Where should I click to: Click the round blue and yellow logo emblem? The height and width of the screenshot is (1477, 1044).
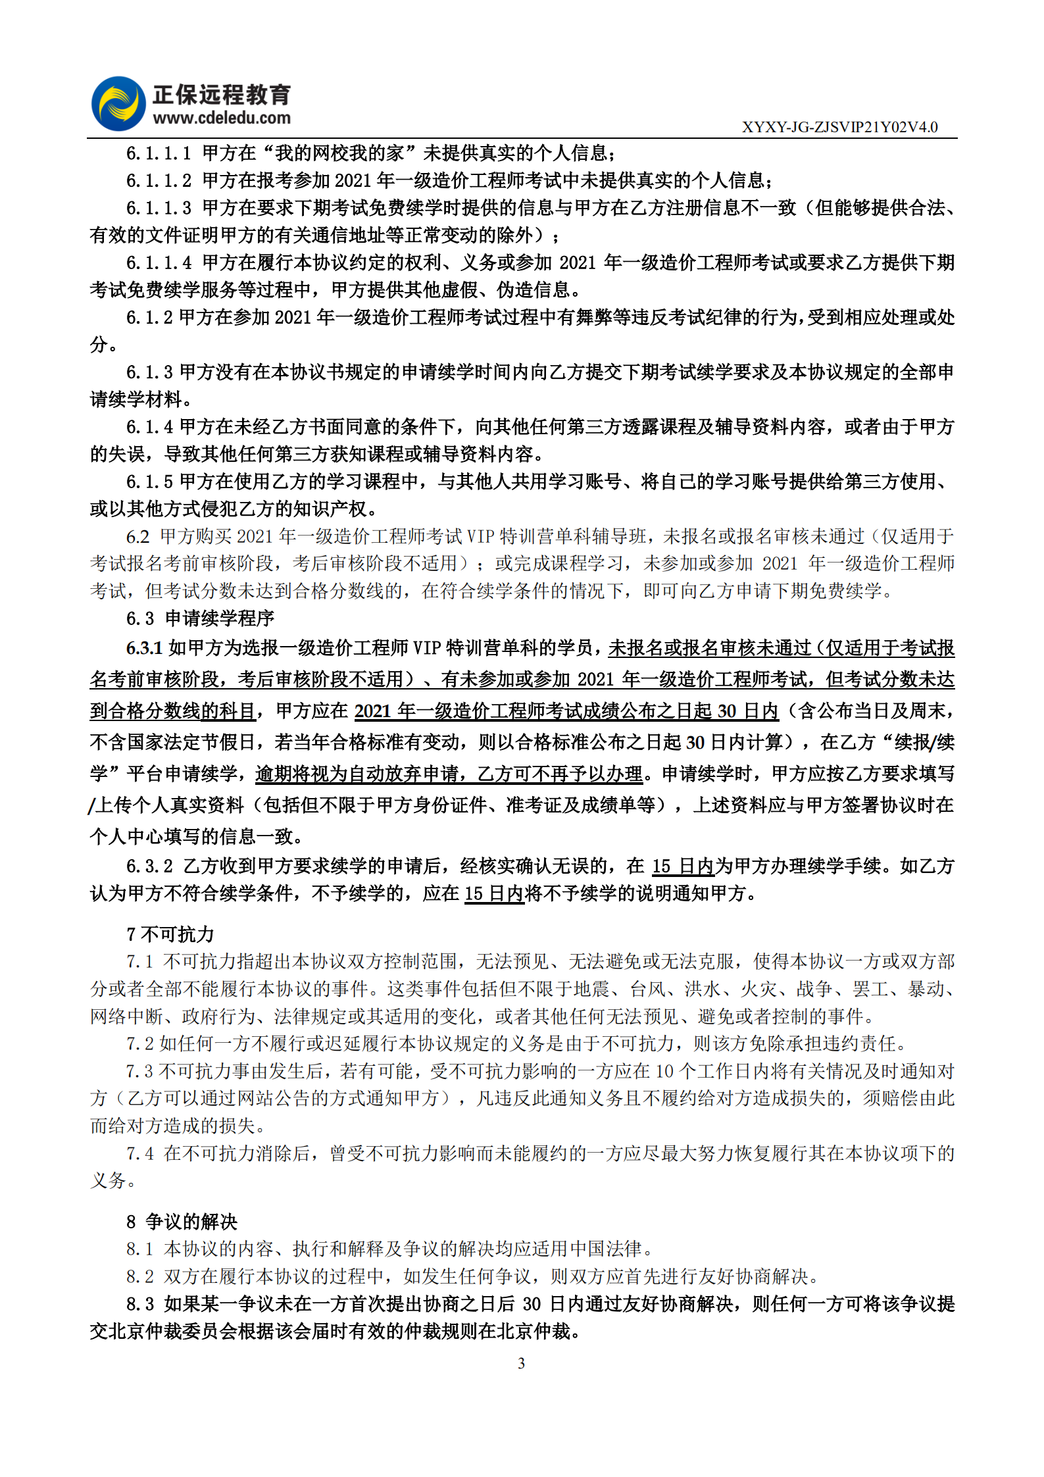(118, 103)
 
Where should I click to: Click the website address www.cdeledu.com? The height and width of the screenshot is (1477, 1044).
(222, 118)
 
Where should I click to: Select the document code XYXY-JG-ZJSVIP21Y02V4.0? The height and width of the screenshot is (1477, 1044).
(839, 127)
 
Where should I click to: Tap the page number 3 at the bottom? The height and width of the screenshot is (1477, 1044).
(521, 1363)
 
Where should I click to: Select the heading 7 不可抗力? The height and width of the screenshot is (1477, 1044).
(170, 934)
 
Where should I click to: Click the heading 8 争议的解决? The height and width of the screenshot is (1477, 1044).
(182, 1222)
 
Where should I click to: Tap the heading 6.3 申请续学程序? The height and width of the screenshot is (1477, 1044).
(200, 618)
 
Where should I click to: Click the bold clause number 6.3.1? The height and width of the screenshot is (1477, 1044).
(144, 649)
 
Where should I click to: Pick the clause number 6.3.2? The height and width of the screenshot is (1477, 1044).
(149, 866)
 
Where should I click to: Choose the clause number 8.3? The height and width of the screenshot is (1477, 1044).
(140, 1304)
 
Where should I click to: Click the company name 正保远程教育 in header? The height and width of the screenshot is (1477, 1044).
(222, 95)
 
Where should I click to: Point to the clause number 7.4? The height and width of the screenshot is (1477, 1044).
(140, 1153)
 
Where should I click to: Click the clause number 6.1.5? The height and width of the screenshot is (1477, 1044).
(149, 482)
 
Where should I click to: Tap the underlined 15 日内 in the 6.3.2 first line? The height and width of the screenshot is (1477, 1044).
(683, 866)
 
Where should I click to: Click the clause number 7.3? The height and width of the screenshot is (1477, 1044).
(139, 1071)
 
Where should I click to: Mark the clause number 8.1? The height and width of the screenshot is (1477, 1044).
(139, 1249)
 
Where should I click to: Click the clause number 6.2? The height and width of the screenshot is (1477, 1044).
(137, 537)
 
